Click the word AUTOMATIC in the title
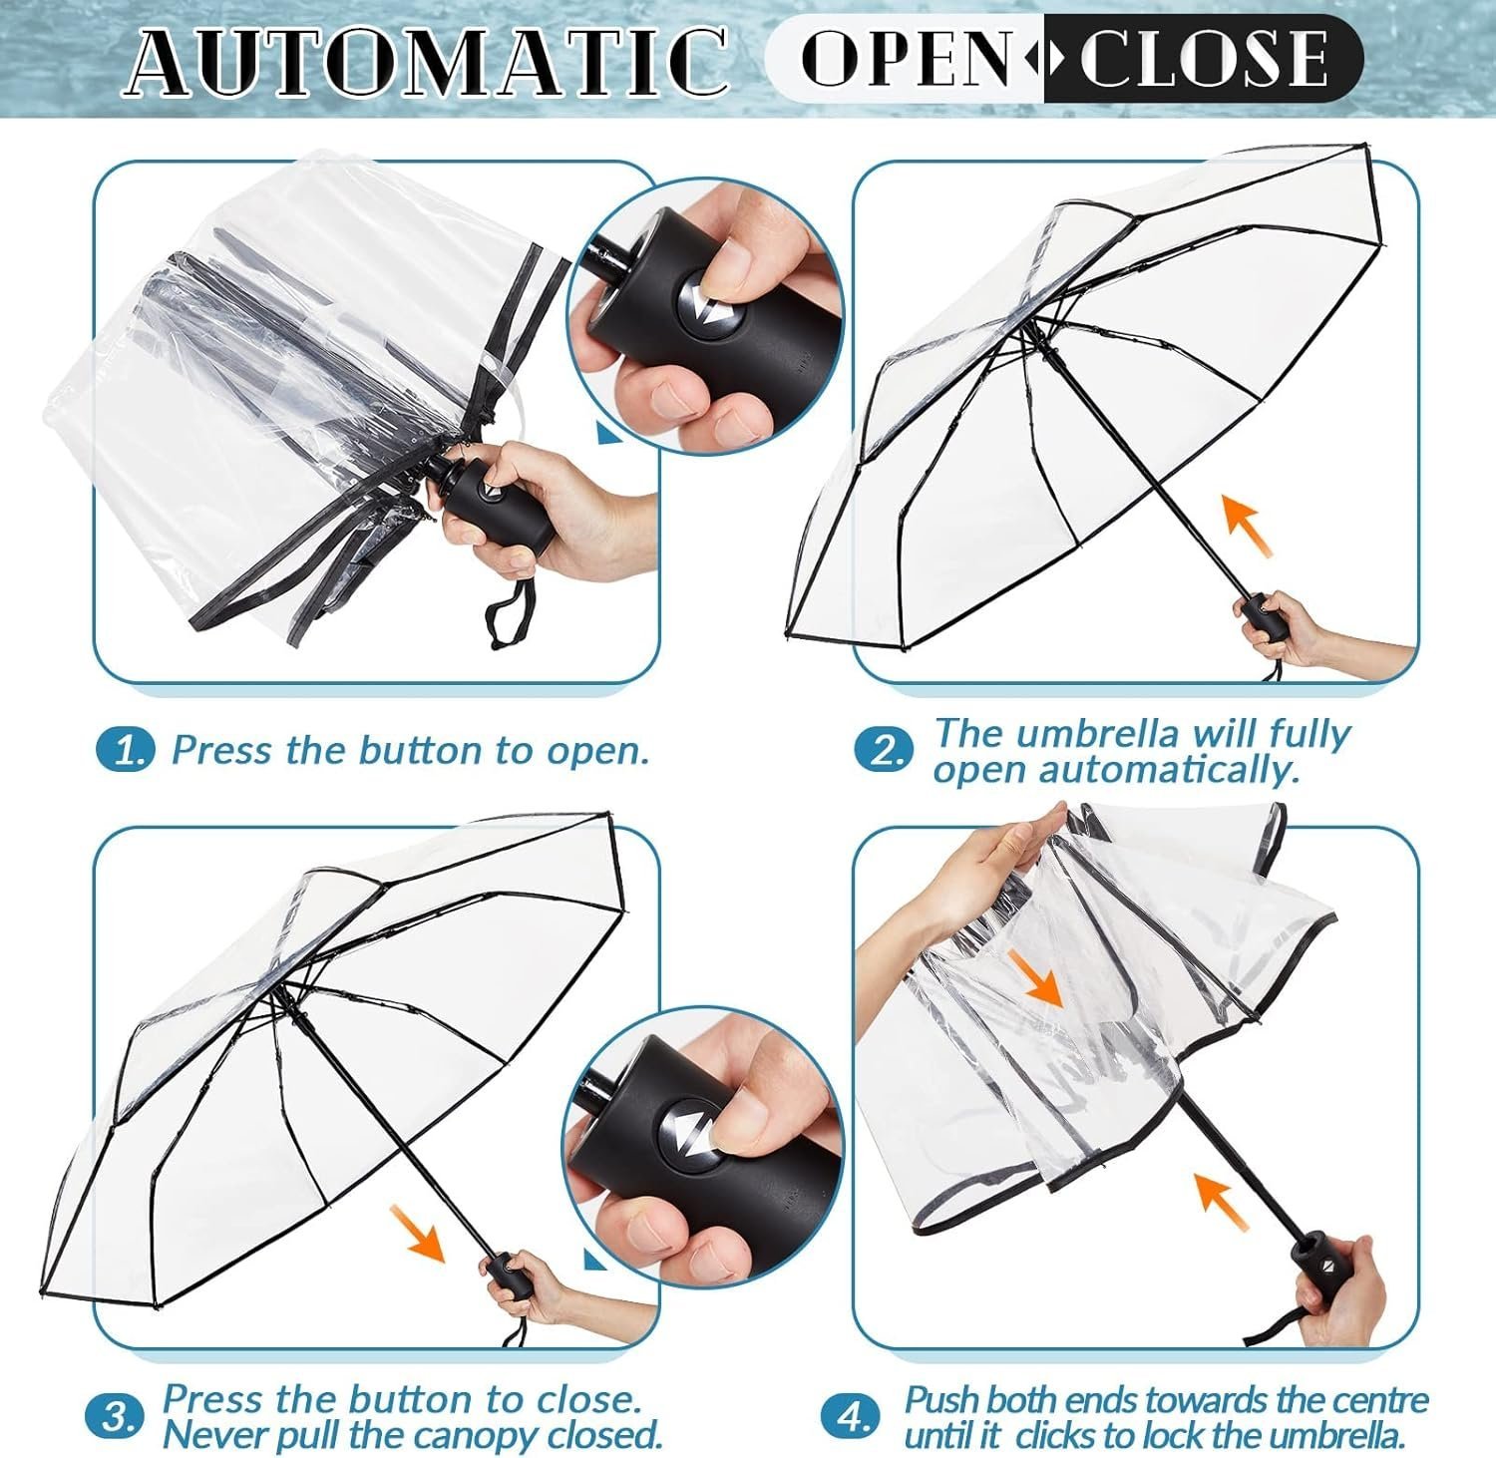[427, 61]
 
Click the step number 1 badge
[126, 750]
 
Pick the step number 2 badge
[884, 750]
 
